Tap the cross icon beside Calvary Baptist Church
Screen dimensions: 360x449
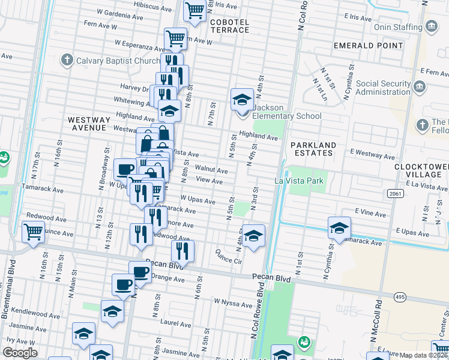67,61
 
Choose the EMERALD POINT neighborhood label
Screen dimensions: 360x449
369,46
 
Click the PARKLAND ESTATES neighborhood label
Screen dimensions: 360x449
313,149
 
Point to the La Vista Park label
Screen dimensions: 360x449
299,181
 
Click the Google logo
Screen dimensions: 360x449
20,353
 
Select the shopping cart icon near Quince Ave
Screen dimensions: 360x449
33,231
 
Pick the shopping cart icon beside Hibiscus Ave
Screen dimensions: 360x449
194,10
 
